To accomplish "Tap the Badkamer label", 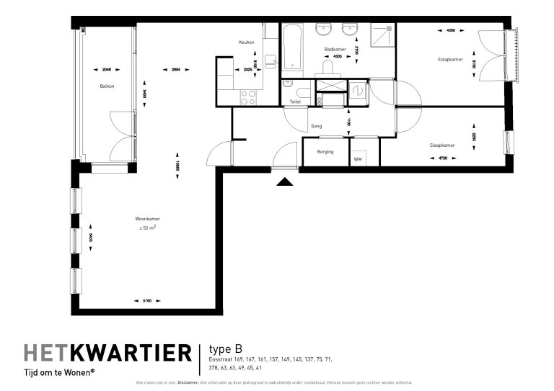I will (x=335, y=50).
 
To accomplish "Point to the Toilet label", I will (x=295, y=102).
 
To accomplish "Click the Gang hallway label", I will (x=316, y=126).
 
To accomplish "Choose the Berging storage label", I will (x=325, y=152).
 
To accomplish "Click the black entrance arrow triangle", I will (x=286, y=182).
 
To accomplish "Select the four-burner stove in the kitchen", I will (x=247, y=96).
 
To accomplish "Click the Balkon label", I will (x=107, y=86).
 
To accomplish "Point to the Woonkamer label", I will (x=147, y=219).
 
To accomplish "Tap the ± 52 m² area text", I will (x=148, y=228).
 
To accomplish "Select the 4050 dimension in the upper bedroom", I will (x=451, y=32).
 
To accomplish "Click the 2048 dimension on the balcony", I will (x=107, y=70).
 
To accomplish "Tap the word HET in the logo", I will (x=48, y=353).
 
